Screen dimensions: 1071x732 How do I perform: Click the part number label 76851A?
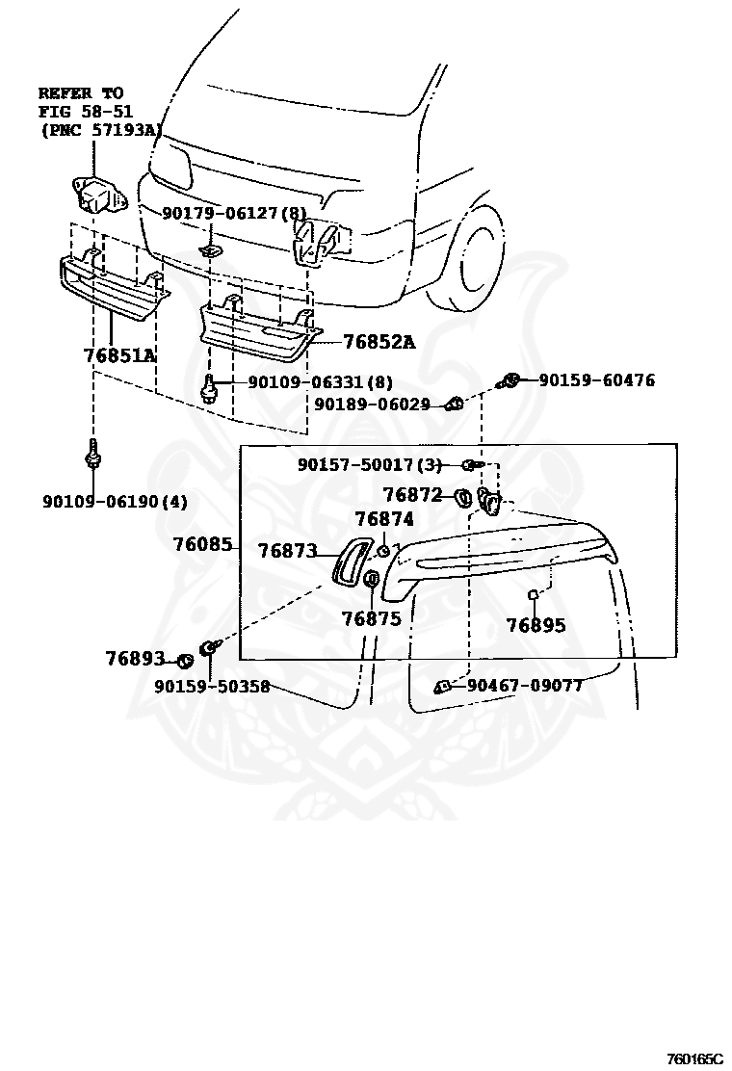[x=119, y=355]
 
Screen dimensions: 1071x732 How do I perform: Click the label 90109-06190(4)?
[x=115, y=501]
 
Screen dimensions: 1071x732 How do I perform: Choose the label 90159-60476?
[x=596, y=380]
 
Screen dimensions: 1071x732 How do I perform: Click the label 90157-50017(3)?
[x=369, y=465]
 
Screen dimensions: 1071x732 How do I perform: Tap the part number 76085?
[x=202, y=544]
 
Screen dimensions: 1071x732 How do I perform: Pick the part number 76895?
[x=536, y=626]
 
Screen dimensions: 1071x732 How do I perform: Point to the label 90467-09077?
[x=524, y=686]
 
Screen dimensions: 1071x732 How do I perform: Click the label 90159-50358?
[x=211, y=687]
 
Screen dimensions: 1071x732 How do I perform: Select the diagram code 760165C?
[x=693, y=1059]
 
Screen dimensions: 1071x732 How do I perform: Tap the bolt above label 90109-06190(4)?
[x=92, y=452]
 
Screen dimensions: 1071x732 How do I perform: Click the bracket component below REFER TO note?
[x=96, y=196]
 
